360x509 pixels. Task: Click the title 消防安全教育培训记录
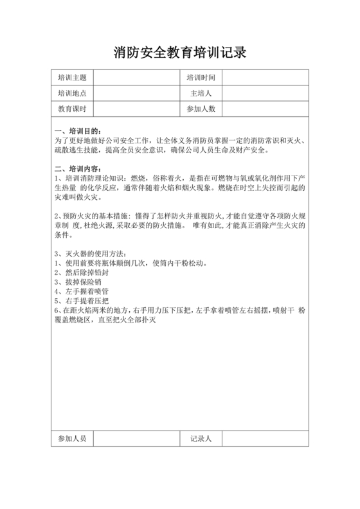179,52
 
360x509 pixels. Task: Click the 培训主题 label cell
72,78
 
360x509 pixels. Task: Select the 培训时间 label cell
201,78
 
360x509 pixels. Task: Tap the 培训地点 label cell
72,93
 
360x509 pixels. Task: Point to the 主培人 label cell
201,93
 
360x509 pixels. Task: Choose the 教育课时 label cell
72,109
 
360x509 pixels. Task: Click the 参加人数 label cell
201,109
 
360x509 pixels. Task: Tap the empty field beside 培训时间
266,78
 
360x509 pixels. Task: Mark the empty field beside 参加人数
266,109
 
